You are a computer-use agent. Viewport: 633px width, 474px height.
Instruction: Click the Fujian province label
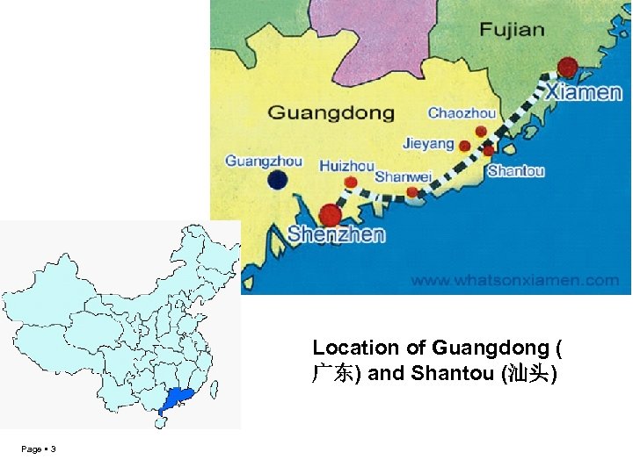tap(513, 29)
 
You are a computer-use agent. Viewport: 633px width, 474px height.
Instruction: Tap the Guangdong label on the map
tap(331, 113)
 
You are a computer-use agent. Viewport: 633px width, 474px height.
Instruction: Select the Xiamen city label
tap(583, 91)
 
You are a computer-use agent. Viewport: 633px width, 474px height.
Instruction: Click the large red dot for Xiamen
tap(568, 67)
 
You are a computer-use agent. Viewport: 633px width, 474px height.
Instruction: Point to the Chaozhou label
tap(462, 113)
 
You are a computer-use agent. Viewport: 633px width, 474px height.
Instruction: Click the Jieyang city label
tap(429, 143)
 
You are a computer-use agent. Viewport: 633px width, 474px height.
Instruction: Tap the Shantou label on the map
tap(516, 171)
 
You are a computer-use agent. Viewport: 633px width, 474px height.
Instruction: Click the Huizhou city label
tap(347, 165)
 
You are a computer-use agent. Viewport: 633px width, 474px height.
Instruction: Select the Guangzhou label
tap(264, 161)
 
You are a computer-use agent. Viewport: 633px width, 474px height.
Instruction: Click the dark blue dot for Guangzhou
tap(278, 181)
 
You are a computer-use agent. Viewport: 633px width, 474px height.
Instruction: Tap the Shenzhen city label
tap(337, 234)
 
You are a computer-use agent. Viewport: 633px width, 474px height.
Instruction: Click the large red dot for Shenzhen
tap(331, 214)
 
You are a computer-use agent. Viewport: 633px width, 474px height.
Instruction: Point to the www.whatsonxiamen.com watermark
tap(515, 281)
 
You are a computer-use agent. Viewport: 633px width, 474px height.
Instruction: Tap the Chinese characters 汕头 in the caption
tap(526, 374)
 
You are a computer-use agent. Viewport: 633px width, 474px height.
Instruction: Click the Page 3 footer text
tap(39, 449)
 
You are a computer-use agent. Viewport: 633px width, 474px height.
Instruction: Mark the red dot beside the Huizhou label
tap(351, 182)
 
